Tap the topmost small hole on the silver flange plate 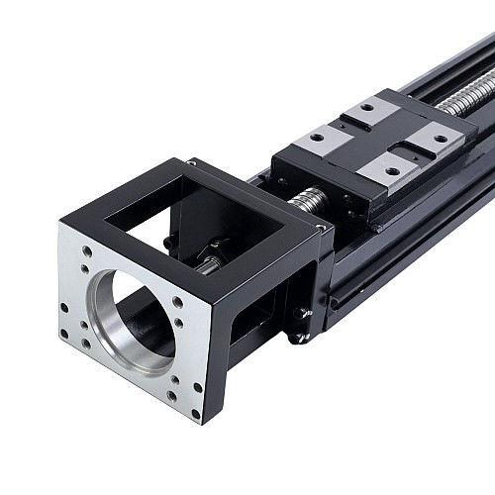click(x=87, y=252)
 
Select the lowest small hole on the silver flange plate click(x=195, y=403)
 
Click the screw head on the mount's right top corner click(x=319, y=228)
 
